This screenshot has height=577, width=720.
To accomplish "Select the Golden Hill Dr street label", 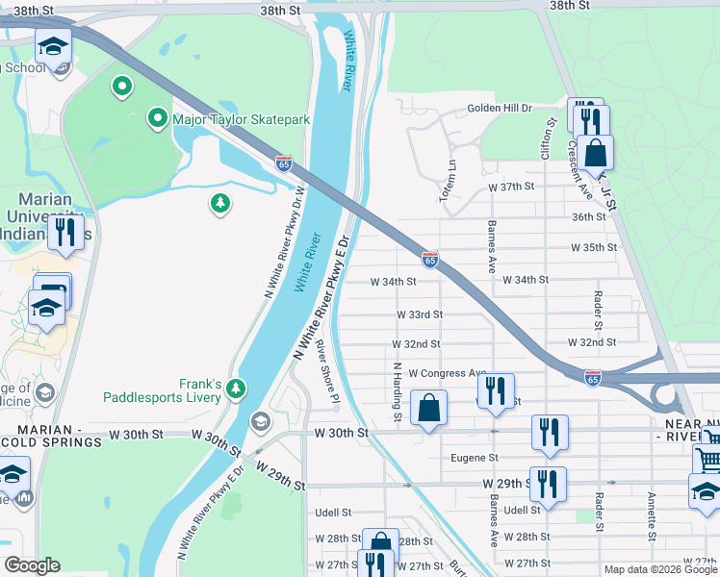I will [500, 109].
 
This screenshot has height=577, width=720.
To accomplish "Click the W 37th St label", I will [510, 187].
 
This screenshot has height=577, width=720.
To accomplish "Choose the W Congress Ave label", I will [448, 373].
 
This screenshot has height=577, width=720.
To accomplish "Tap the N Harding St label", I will [397, 391].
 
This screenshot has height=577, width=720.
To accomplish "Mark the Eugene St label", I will [475, 459].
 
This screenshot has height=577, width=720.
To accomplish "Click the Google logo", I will [32, 565].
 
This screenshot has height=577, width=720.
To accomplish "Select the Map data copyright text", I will [659, 569].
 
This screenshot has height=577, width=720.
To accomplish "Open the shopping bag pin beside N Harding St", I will [428, 408].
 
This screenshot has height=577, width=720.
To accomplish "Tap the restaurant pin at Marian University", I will [65, 232].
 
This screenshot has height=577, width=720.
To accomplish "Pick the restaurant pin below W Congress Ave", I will [496, 391].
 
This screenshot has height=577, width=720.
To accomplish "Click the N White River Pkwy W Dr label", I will [285, 240].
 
